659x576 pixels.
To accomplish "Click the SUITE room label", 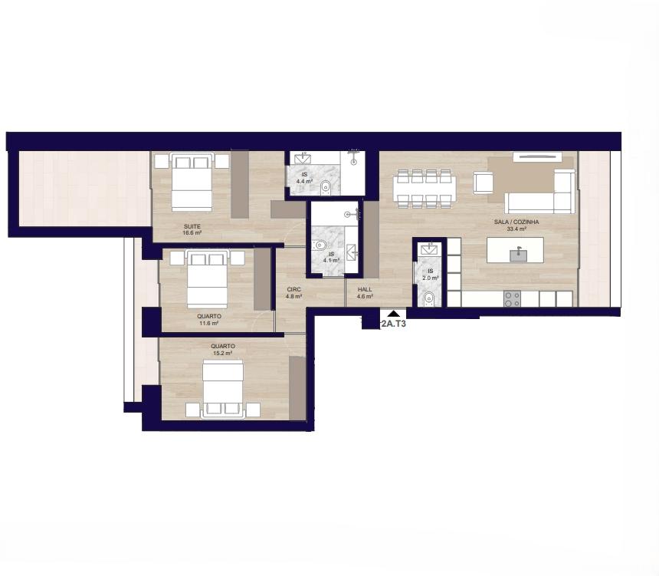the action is click(x=192, y=226).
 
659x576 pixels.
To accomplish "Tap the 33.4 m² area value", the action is click(x=516, y=229).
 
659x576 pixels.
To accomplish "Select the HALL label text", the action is click(x=365, y=289).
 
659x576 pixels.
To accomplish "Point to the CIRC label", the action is click(x=293, y=289).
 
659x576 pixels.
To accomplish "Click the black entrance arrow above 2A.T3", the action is click(x=393, y=314).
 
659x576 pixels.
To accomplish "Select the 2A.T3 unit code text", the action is click(x=393, y=324).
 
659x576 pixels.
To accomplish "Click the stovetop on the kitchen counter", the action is click(x=513, y=298).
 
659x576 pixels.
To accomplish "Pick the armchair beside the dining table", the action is click(x=484, y=183).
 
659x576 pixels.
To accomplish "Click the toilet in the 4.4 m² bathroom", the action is click(x=326, y=188).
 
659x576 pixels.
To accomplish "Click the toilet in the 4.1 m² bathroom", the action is click(x=320, y=245).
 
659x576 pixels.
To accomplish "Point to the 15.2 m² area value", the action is click(x=223, y=354).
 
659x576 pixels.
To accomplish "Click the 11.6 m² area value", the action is click(x=209, y=323).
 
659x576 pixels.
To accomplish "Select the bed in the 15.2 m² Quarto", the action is click(x=223, y=388).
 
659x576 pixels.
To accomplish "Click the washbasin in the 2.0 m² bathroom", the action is click(x=429, y=249).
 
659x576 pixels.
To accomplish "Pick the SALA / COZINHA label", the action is click(x=516, y=222).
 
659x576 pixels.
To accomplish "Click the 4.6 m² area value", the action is click(x=365, y=296).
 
